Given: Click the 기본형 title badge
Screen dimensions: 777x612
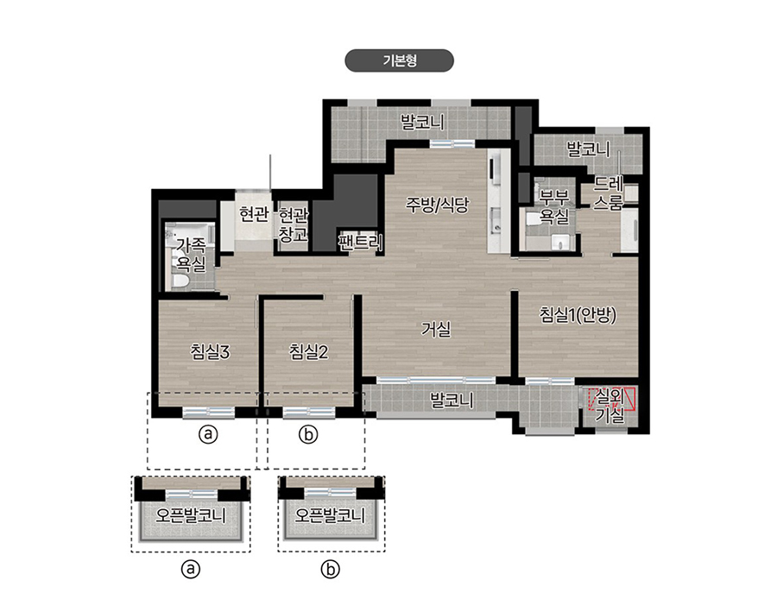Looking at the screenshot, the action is tap(399, 60).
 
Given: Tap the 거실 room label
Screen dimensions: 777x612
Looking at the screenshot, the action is tap(436, 329).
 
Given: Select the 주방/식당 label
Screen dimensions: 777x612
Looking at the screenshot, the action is tap(437, 205).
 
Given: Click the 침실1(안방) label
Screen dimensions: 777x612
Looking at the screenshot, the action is tap(578, 315).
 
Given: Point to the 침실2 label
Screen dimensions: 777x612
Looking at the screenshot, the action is tap(309, 352).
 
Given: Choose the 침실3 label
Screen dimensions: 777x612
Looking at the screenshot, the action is tap(210, 352).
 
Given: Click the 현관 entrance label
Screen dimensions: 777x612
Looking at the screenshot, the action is tap(254, 215).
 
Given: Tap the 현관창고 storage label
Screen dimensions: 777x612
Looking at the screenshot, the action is tap(293, 225).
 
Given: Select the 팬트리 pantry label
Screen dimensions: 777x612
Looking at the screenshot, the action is tap(360, 242).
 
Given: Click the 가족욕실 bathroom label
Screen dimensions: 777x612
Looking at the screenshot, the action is tap(192, 255).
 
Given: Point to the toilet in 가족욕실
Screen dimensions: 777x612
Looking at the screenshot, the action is tap(180, 281).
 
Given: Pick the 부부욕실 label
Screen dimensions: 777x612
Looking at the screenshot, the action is tap(554, 207).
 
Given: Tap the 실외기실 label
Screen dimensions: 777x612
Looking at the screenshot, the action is tap(610, 406).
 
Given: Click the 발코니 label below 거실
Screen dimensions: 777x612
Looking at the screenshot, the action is tap(452, 401).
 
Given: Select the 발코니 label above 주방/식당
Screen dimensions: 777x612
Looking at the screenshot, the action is tap(422, 122).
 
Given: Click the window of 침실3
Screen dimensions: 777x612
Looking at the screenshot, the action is tap(208, 413).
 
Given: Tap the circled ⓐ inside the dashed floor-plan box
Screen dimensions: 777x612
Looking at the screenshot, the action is tap(208, 434).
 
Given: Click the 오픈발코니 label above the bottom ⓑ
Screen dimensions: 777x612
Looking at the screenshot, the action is tap(330, 515).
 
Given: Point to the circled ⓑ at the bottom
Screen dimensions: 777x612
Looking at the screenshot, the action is tap(330, 570).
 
